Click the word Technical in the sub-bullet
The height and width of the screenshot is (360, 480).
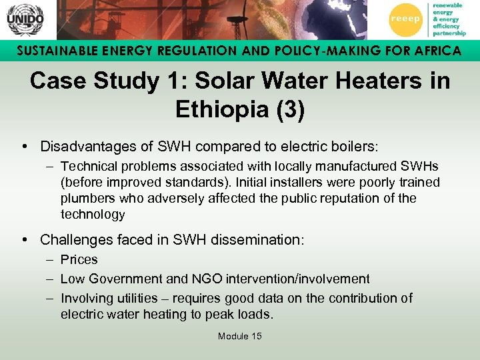click(x=88, y=166)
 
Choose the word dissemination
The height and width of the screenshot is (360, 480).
click(x=256, y=239)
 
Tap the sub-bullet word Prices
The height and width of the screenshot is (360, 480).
click(x=79, y=260)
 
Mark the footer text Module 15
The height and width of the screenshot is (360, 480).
click(x=239, y=336)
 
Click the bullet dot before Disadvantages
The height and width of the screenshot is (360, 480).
click(x=24, y=145)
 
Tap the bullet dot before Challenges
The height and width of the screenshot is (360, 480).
click(x=24, y=239)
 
